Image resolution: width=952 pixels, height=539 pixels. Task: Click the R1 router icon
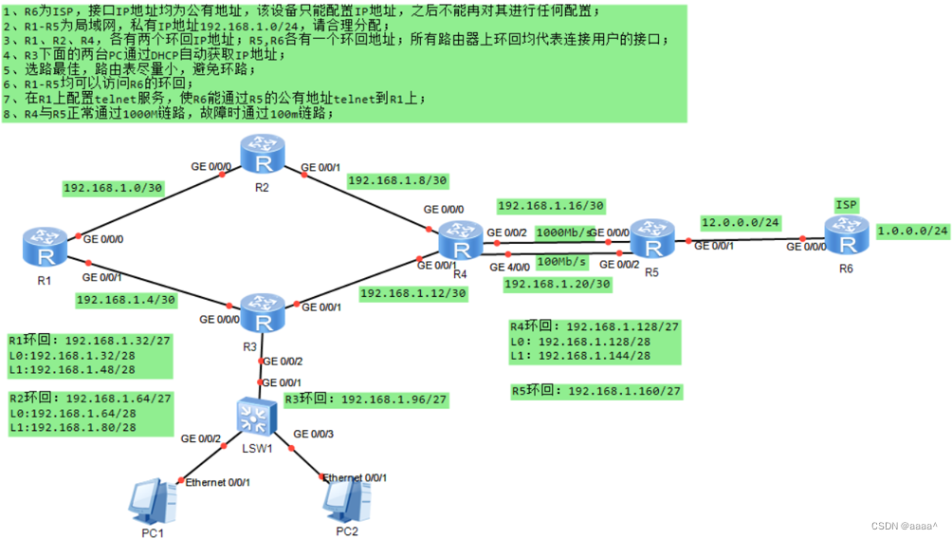point(41,245)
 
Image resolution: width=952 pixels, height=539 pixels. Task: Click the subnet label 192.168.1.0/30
point(113,188)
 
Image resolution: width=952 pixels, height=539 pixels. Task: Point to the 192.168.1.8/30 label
point(397,179)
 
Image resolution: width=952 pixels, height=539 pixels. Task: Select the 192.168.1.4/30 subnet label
point(125,300)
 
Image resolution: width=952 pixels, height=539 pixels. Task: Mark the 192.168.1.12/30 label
point(412,293)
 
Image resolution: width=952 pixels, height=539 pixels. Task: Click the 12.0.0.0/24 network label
point(740,222)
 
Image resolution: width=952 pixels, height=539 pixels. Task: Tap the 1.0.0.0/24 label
point(913,230)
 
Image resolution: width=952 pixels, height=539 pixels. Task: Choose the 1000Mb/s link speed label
point(565,232)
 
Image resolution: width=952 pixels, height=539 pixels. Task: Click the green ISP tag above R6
point(846,204)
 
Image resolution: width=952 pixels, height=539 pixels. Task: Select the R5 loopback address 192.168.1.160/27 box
point(596,390)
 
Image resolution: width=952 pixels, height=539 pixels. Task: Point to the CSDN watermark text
point(905,526)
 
